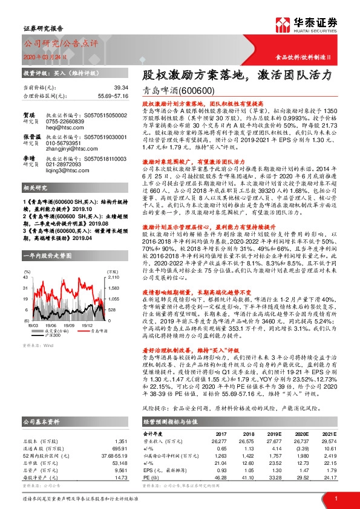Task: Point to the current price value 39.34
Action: (105, 88)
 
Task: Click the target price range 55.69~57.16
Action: (97, 96)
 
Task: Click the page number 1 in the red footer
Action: (335, 498)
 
